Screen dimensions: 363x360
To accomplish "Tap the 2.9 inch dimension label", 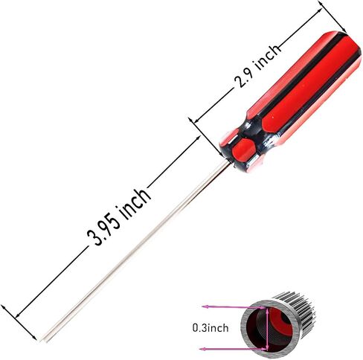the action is [258, 66].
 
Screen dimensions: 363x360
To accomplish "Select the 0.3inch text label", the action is [211, 328].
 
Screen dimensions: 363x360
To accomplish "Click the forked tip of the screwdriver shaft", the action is [44, 339].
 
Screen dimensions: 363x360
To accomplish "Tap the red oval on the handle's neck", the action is [243, 150].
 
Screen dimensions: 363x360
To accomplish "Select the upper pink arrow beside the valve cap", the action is [234, 307].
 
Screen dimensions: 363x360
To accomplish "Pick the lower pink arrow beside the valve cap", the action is [232, 349].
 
